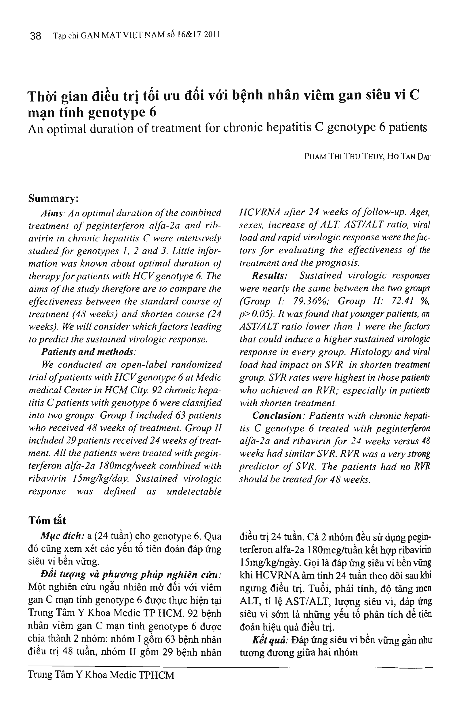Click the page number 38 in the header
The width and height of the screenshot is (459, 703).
point(35,36)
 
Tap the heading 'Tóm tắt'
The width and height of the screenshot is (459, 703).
point(47,520)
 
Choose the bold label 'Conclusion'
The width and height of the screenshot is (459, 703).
point(276,415)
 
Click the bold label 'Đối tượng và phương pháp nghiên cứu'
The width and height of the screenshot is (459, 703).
point(130,574)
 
